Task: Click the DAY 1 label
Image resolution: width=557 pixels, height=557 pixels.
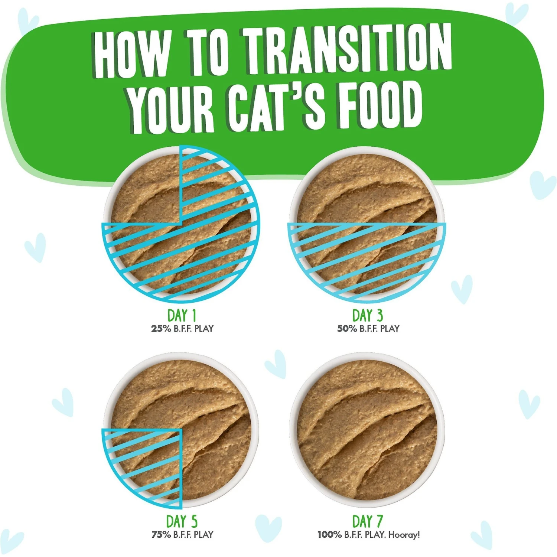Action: (182, 316)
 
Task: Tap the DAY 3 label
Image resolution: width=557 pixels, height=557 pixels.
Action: (367, 316)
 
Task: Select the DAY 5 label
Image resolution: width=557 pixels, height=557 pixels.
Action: (182, 522)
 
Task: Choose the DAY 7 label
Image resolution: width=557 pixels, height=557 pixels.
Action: (367, 522)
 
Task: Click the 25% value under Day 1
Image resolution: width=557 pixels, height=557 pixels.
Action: (161, 329)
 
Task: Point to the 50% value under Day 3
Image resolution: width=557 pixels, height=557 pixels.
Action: (347, 329)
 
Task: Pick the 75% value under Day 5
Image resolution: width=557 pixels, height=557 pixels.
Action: (161, 535)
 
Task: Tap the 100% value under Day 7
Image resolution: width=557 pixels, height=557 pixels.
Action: (329, 535)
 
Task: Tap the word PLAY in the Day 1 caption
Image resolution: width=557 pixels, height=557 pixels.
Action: (204, 329)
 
